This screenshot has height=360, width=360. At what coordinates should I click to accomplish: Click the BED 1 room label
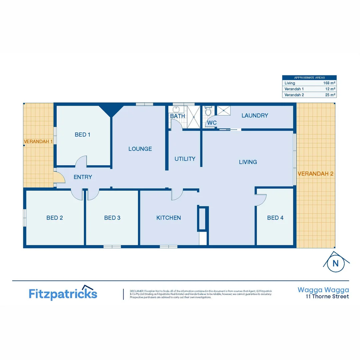(83, 135)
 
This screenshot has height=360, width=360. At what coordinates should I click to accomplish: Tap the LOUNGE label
(140, 149)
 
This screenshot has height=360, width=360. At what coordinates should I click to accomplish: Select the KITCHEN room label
(169, 218)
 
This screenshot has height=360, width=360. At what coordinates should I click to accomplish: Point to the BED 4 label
(275, 218)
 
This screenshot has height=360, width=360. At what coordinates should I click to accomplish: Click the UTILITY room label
(185, 159)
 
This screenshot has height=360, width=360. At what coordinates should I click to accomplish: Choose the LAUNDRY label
(255, 116)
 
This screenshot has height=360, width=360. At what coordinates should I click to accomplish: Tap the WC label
(212, 123)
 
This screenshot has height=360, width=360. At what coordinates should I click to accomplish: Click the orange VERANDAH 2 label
(315, 174)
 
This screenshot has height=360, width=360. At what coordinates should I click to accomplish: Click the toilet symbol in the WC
(208, 110)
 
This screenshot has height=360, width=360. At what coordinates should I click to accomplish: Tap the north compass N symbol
(336, 263)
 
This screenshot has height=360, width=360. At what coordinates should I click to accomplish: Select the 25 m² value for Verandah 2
(330, 95)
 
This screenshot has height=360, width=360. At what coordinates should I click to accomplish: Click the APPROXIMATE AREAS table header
(309, 77)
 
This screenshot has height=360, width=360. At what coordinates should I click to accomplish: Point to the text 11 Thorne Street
(328, 296)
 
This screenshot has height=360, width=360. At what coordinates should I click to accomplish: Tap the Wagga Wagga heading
(323, 290)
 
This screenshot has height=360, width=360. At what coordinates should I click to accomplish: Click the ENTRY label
(83, 177)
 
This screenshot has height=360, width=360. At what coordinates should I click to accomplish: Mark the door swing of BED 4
(261, 199)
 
